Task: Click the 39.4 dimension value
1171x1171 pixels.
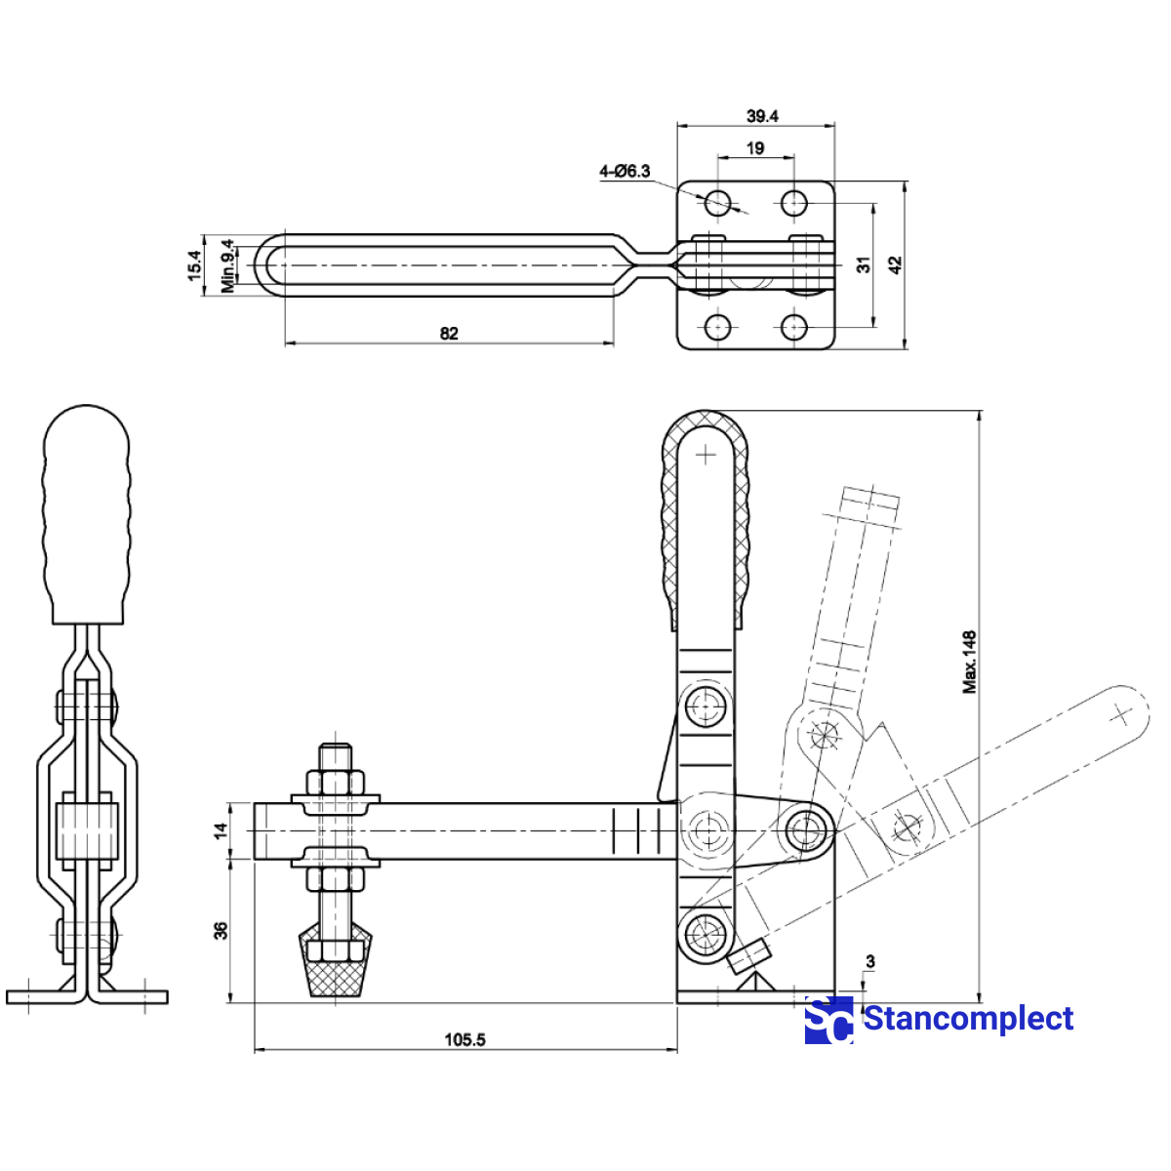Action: [x=762, y=116]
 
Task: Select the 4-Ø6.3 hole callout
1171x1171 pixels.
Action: [x=625, y=172]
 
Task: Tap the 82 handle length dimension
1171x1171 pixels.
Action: [x=449, y=334]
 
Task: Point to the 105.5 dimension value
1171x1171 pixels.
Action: [x=464, y=1040]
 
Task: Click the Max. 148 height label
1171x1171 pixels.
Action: [x=969, y=662]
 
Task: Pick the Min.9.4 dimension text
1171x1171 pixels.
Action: [x=228, y=265]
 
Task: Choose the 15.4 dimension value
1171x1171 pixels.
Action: [x=195, y=265]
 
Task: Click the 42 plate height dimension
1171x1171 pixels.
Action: [x=896, y=264]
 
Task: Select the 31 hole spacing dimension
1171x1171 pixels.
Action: [x=864, y=264]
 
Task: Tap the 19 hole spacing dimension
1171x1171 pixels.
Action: [x=755, y=148]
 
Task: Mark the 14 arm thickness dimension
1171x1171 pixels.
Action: [x=222, y=830]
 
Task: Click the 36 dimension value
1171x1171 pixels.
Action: [x=222, y=930]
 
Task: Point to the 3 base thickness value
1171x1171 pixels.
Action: [x=869, y=962]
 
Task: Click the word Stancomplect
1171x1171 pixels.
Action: [x=968, y=1019]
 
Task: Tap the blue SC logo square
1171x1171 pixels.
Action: [x=828, y=1021]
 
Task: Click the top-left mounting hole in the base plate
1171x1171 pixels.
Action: [x=718, y=203]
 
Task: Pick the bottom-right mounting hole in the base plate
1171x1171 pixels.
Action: [x=794, y=326]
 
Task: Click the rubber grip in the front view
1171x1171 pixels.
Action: [x=86, y=517]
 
